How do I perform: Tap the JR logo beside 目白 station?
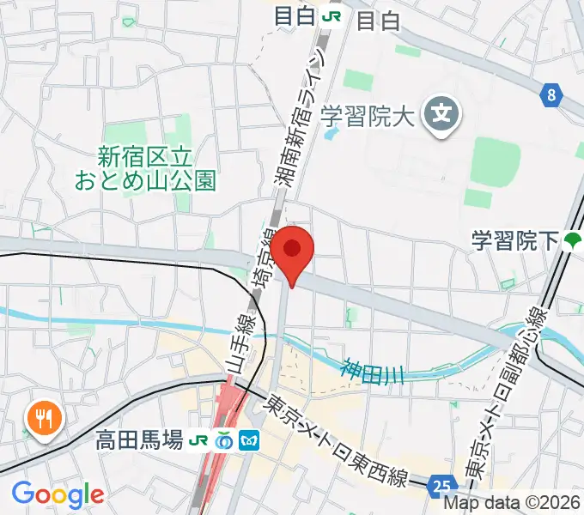click(x=332, y=16)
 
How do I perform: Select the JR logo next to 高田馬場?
click(x=199, y=440)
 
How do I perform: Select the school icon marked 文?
click(x=443, y=112)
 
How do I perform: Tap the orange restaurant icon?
click(x=42, y=419)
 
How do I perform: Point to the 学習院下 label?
click(x=514, y=241)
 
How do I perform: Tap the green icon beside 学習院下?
click(x=572, y=241)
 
